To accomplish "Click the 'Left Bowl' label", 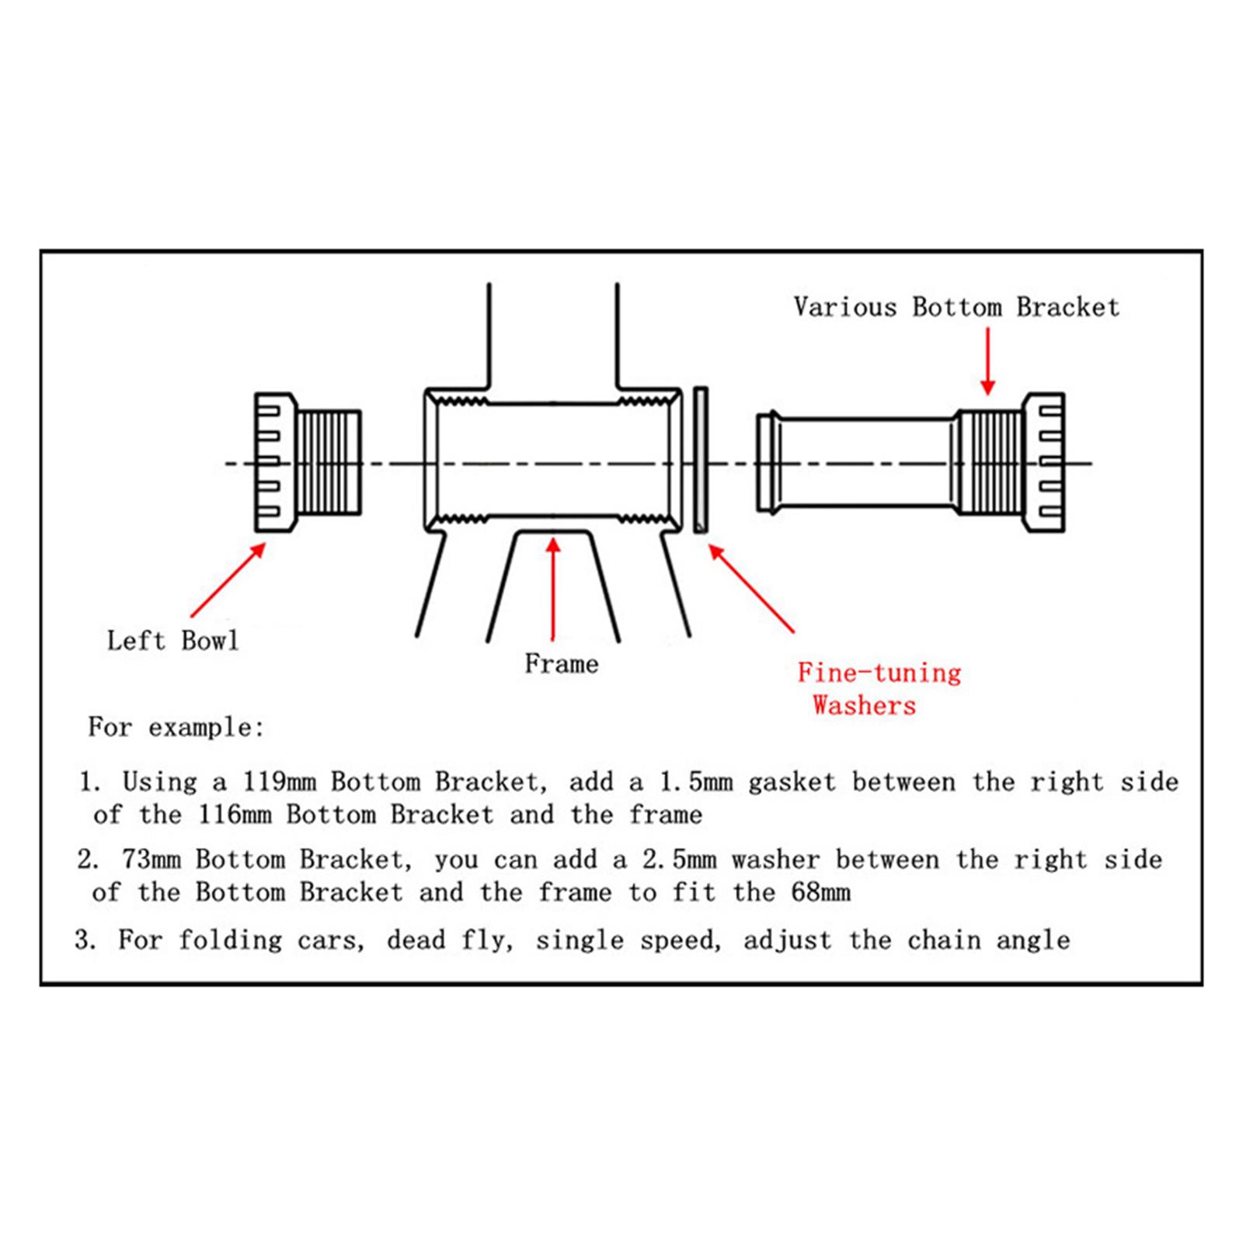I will coord(172,641).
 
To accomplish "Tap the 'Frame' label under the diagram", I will coord(561,664).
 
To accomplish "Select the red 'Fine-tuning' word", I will coord(879,673).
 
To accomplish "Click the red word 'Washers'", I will coord(864,706).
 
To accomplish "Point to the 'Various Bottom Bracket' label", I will coord(956,308).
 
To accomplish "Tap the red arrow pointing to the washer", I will coord(750,588).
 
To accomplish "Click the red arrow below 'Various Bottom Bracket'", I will coord(987,361).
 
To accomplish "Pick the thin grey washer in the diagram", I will coord(700,461).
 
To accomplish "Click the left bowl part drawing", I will coord(308,462).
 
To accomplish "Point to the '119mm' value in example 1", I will coord(279,782).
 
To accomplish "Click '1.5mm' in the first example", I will coord(695,782).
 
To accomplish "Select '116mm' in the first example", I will coord(234,815).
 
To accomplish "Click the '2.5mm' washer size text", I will coord(679,860).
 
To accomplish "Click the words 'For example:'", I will coord(176,728).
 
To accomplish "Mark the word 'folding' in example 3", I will coord(230,941).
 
